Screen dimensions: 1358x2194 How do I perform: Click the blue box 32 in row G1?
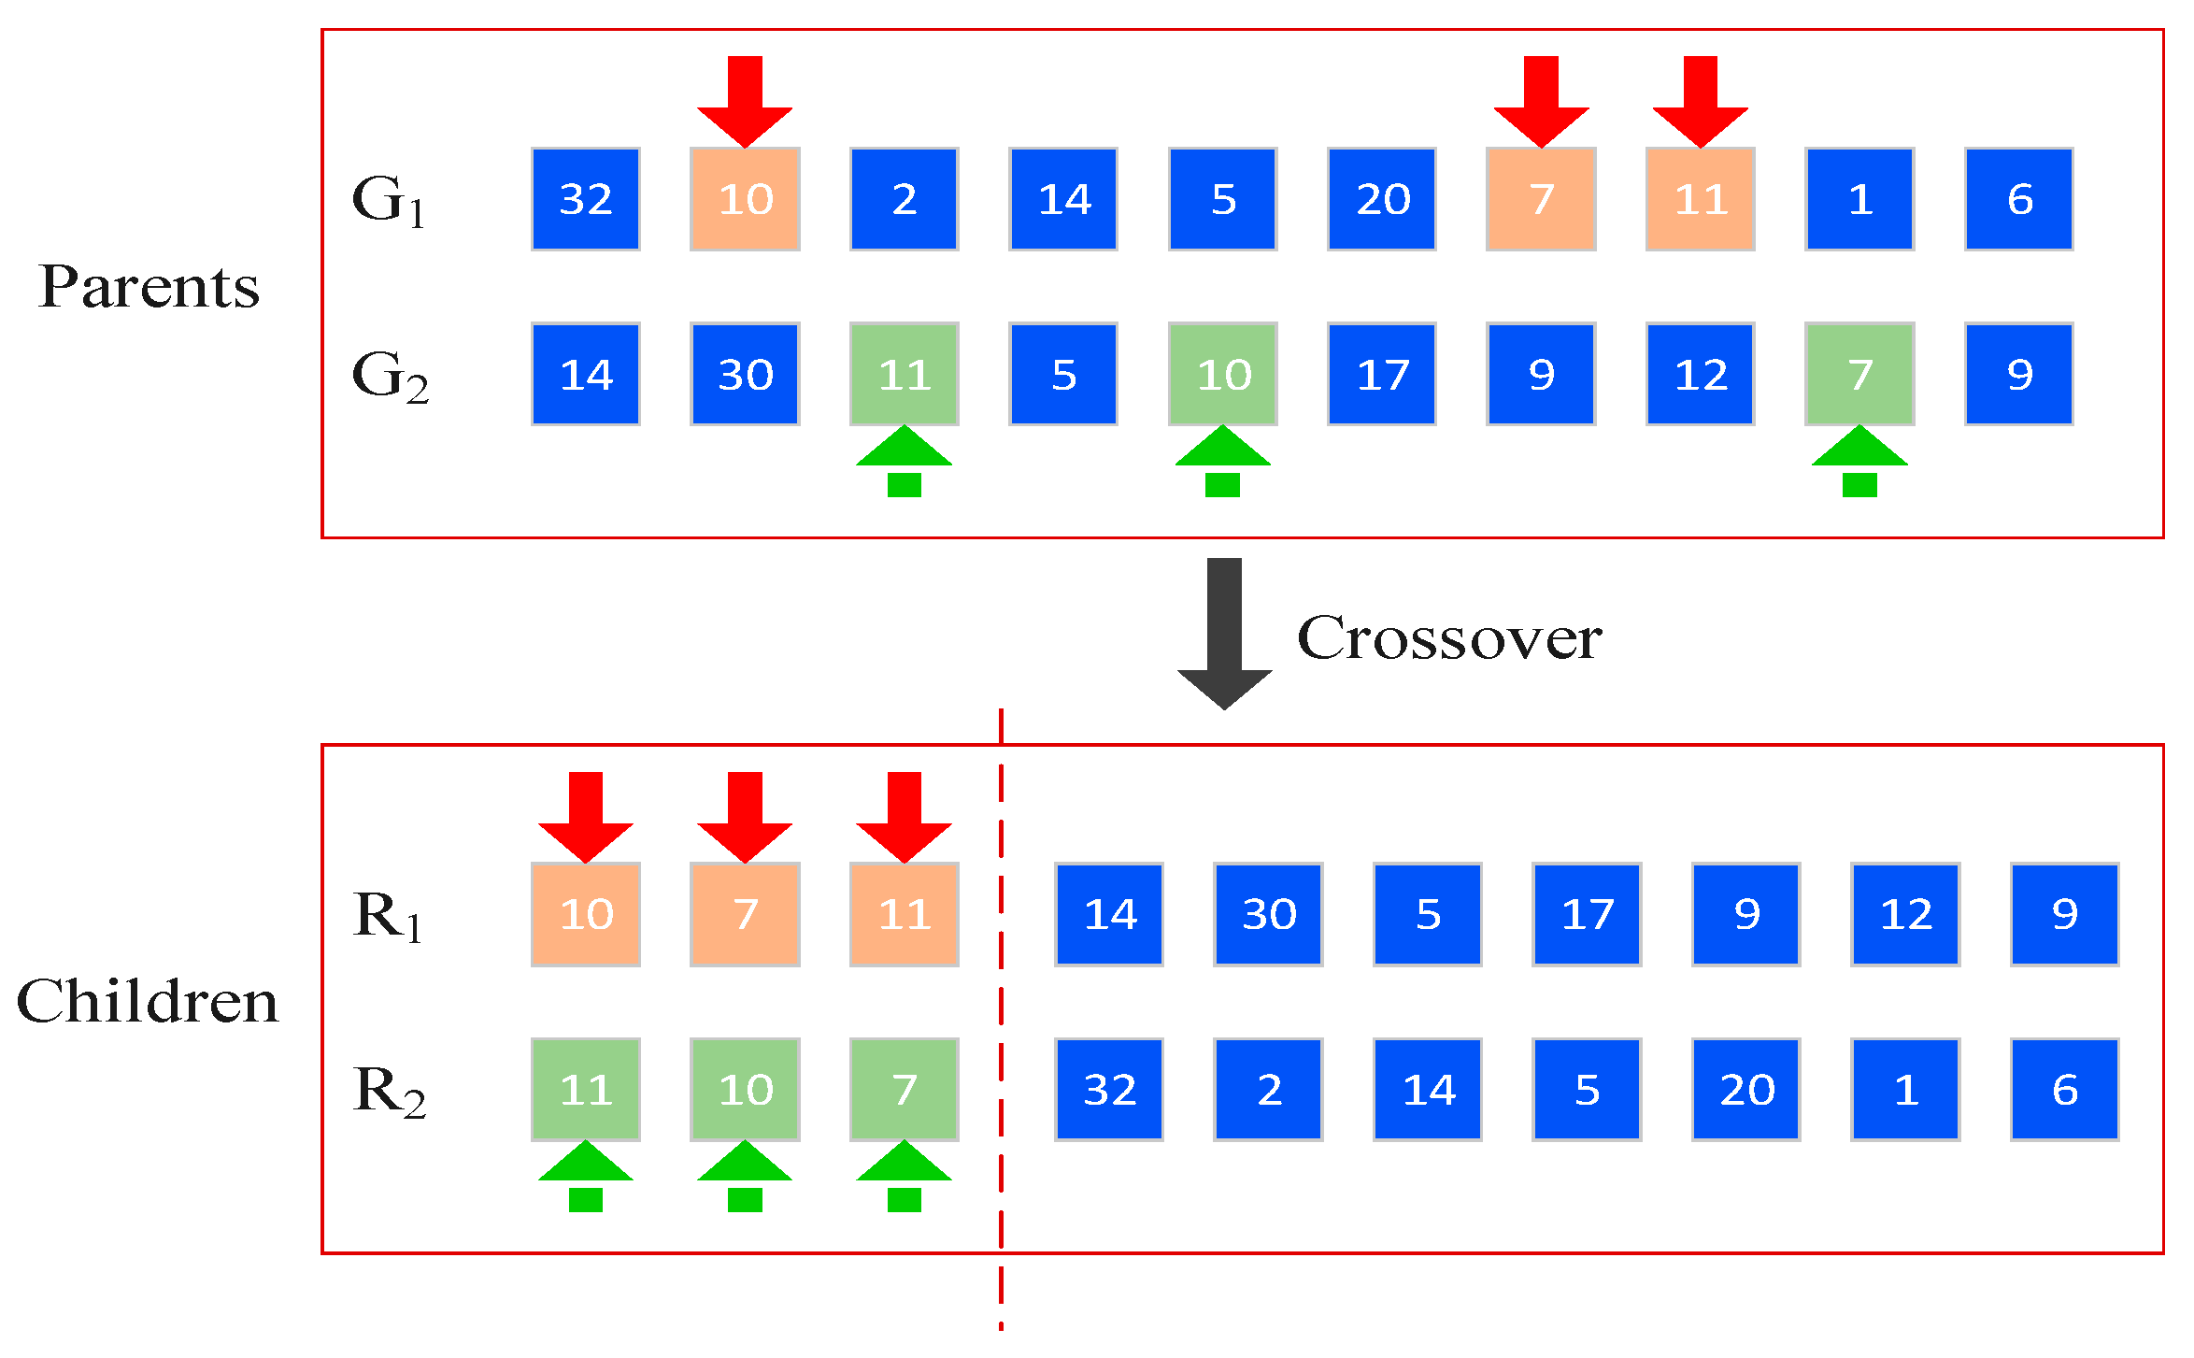click(585, 199)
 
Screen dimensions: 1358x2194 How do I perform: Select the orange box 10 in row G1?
click(745, 199)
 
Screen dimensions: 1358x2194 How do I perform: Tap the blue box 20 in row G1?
click(1381, 199)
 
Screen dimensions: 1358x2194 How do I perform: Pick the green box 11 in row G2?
click(904, 374)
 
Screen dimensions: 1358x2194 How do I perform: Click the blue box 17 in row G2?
click(1381, 374)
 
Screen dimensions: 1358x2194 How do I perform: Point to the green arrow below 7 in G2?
click(1859, 460)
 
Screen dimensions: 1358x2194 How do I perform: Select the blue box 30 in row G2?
click(745, 374)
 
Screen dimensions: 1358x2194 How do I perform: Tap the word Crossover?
click(1449, 638)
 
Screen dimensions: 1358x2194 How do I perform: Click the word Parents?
click(150, 287)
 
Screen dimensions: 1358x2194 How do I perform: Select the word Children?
click(148, 1002)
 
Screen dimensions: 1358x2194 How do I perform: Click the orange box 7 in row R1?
click(745, 914)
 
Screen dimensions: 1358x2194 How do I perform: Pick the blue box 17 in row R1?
click(1587, 914)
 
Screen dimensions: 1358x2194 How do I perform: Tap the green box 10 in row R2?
click(745, 1089)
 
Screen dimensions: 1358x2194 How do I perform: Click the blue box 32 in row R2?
click(1109, 1089)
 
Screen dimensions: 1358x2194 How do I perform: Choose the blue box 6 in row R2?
click(2064, 1089)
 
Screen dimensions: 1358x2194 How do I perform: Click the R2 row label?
click(389, 1092)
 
